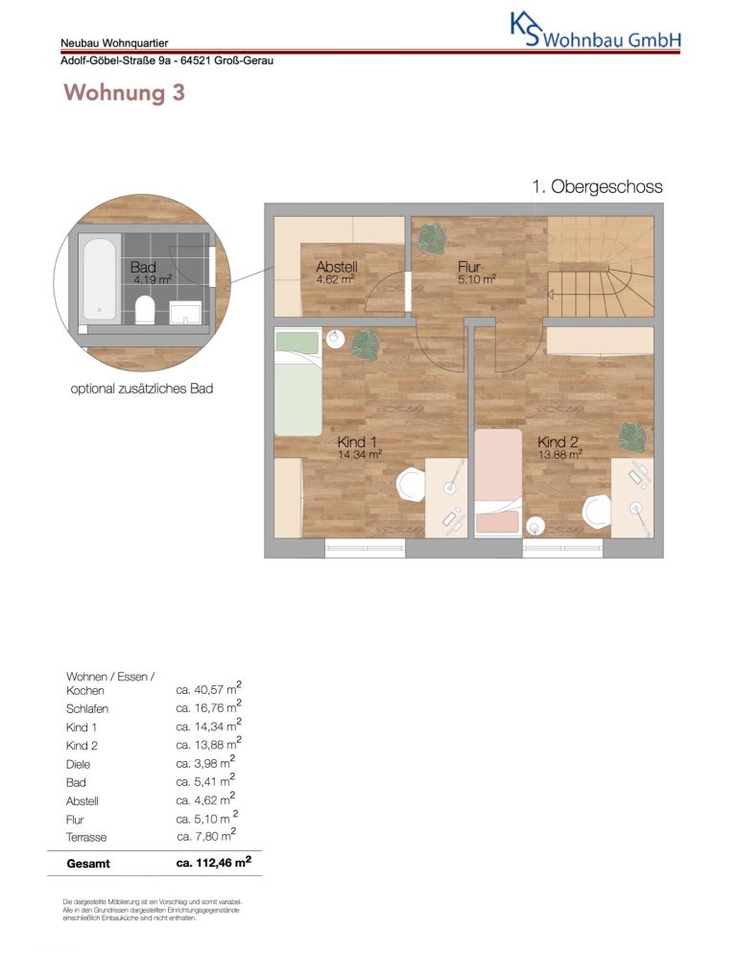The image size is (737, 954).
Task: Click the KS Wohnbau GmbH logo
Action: (x=595, y=32)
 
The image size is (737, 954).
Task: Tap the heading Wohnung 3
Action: (x=124, y=92)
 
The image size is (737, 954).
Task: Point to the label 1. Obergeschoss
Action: (x=597, y=186)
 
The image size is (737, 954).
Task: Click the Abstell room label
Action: (x=337, y=272)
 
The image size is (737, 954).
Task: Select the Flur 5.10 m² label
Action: (x=477, y=272)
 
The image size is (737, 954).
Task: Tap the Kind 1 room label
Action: (x=359, y=446)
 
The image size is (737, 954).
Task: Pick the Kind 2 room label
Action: (x=559, y=446)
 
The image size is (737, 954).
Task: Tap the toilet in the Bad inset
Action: (x=144, y=308)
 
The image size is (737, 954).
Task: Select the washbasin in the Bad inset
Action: (x=185, y=313)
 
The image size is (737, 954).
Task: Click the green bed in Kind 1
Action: (x=297, y=382)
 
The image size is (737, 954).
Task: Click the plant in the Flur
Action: (x=432, y=238)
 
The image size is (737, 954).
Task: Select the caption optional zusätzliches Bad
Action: (x=142, y=389)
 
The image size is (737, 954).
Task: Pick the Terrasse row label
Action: (x=86, y=837)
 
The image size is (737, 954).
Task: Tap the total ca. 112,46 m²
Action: (x=214, y=862)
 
